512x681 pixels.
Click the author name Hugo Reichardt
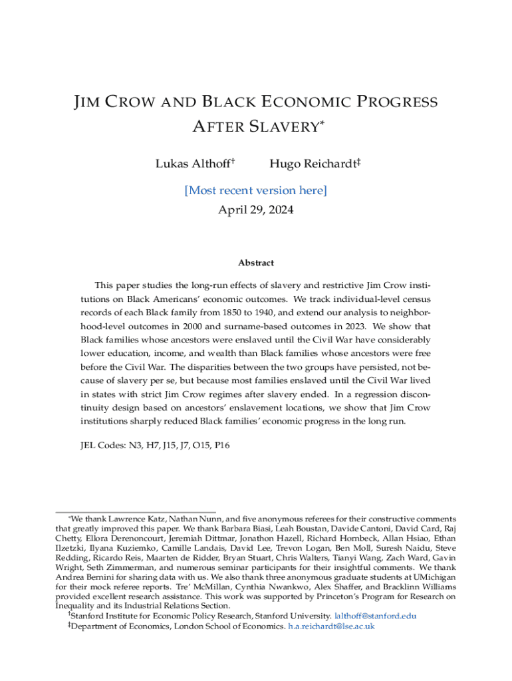311,164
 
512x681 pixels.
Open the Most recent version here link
255,191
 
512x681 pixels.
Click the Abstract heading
255,263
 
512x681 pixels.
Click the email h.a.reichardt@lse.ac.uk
331,626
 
